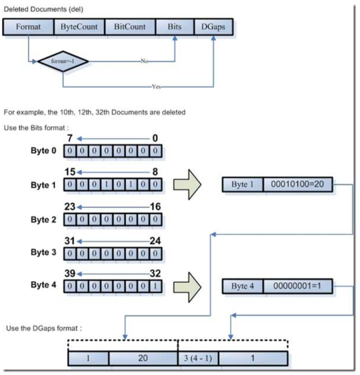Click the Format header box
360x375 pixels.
pyautogui.click(x=28, y=27)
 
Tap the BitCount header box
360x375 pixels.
pyautogui.click(x=130, y=27)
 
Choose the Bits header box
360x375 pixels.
pyautogui.click(x=175, y=27)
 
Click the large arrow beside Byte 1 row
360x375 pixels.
pyautogui.click(x=187, y=184)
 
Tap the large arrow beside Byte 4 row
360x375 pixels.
pyautogui.click(x=187, y=286)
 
